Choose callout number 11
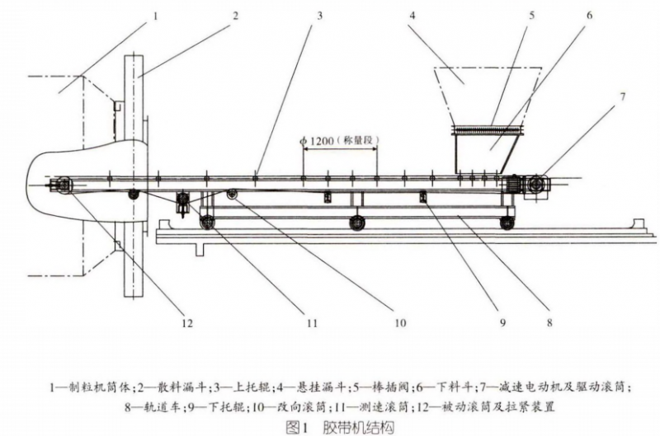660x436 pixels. point(311,324)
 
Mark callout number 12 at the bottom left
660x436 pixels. point(188,324)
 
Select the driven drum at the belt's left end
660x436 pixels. point(60,186)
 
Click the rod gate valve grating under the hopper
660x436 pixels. point(488,129)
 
